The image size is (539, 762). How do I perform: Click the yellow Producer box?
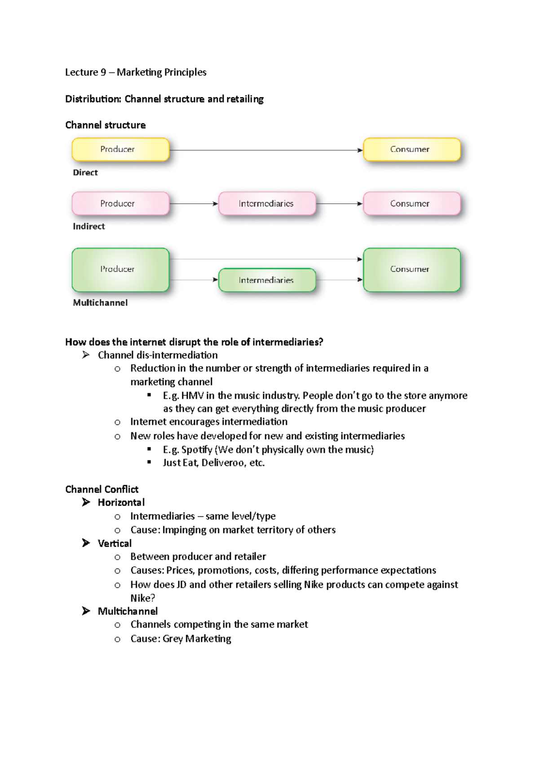(120, 149)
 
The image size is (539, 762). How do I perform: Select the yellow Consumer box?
(411, 149)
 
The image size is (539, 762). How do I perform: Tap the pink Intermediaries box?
(267, 204)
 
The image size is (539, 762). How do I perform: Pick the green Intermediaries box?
(267, 280)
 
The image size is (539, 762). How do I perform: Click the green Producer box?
(120, 270)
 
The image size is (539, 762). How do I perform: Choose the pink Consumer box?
(411, 204)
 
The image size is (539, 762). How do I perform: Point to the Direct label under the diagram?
(85, 173)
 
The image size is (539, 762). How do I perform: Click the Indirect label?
(89, 227)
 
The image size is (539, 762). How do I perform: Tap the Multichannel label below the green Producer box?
(100, 303)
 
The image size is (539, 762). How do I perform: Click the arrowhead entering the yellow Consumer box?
(360, 150)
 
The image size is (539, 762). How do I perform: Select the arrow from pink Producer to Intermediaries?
(194, 204)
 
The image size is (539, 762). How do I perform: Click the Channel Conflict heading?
(102, 490)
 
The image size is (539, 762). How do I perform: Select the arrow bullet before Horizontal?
(86, 503)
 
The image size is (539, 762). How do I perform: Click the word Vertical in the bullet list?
(115, 544)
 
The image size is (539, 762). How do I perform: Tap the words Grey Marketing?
(197, 639)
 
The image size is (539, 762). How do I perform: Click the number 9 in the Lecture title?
(103, 73)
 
